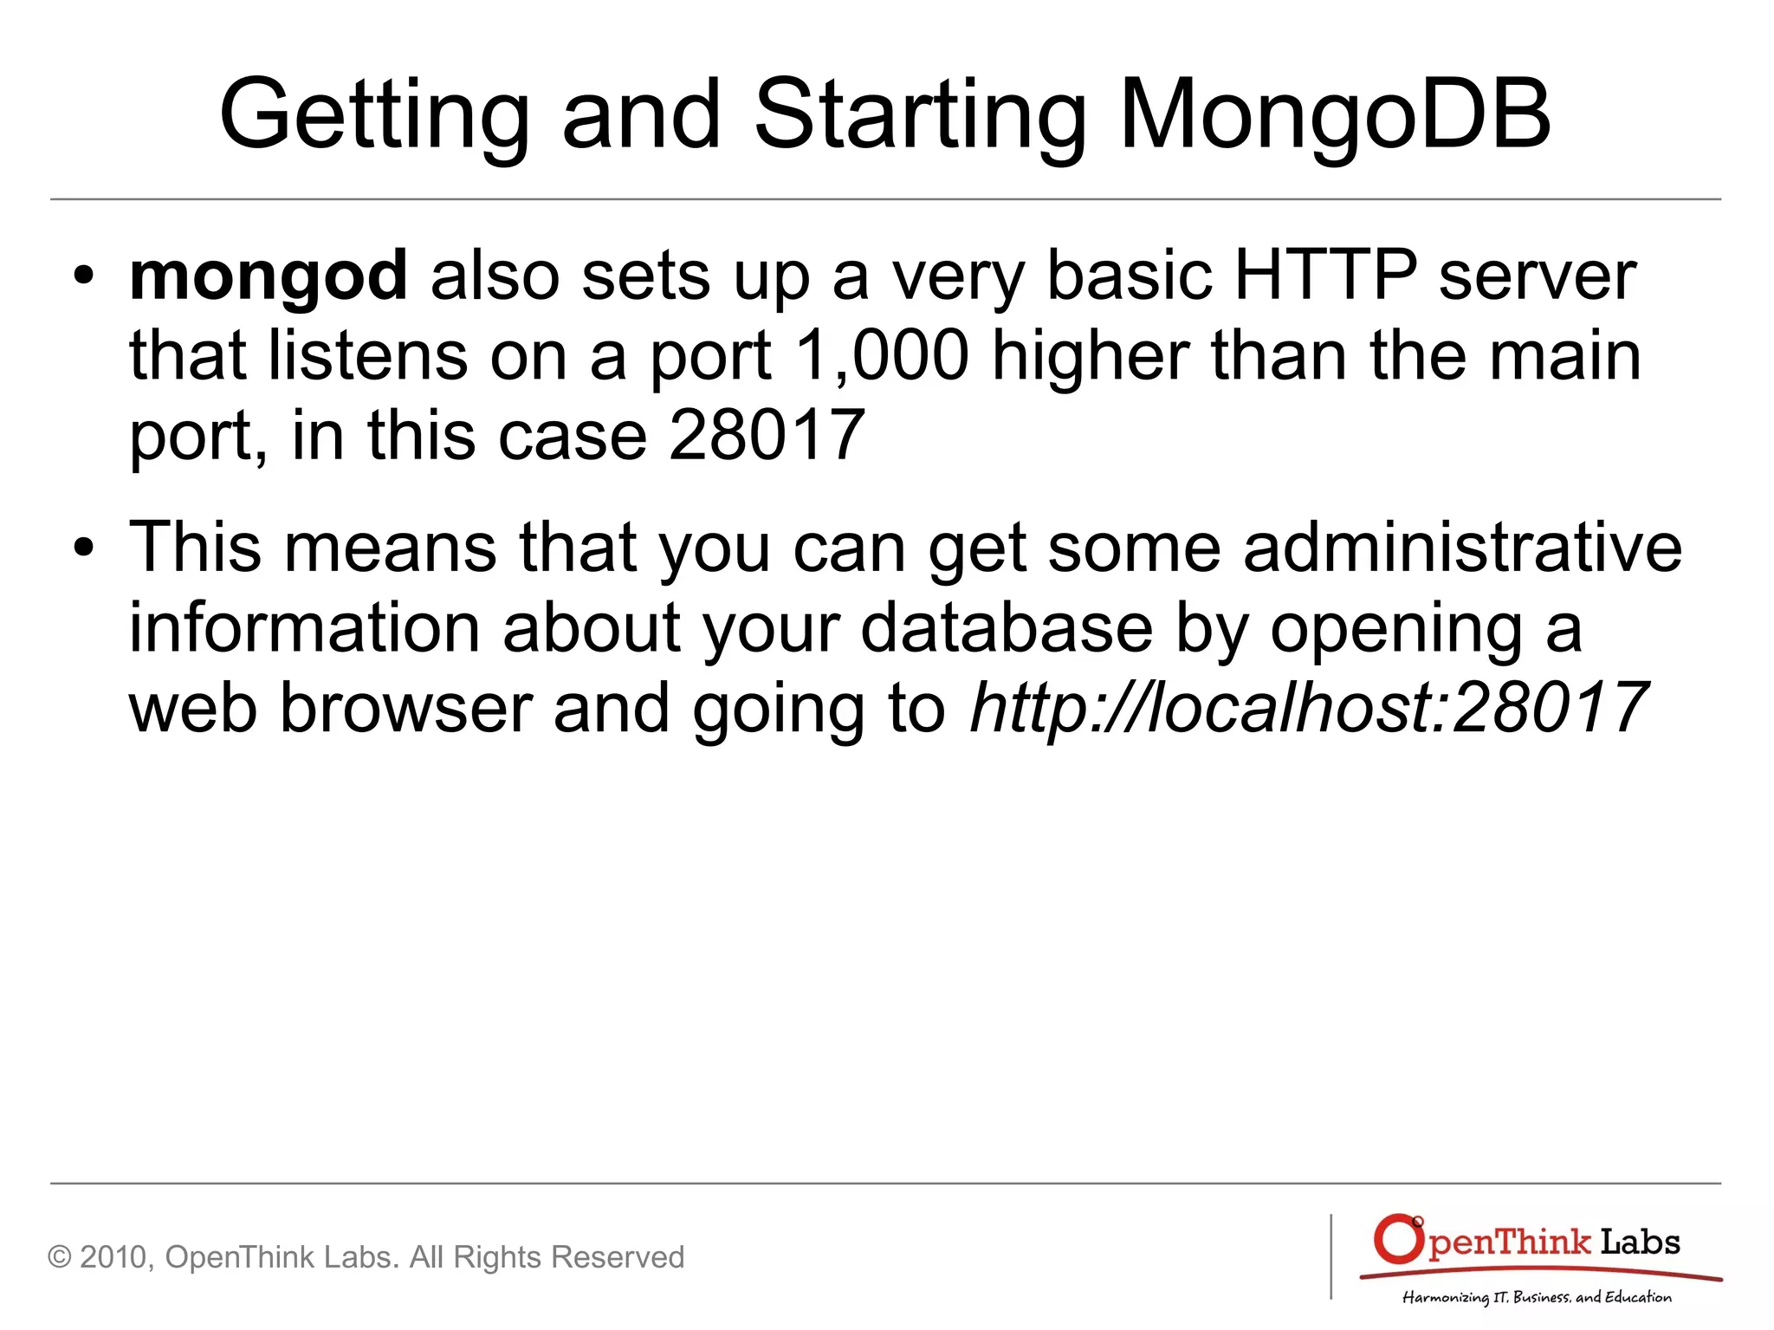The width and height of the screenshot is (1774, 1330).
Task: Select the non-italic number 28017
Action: pos(767,435)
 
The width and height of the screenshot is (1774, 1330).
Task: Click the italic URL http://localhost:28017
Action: pos(1309,707)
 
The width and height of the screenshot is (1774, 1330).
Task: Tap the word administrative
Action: pos(1462,548)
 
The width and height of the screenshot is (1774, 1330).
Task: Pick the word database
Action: pos(1007,627)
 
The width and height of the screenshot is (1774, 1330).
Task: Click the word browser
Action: pos(405,707)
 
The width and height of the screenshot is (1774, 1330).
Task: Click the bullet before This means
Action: pos(83,548)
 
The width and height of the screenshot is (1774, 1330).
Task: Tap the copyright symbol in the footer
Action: pos(60,1257)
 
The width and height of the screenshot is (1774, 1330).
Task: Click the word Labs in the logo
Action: pos(1639,1242)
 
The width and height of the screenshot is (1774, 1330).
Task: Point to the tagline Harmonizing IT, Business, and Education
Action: pos(1537,1297)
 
